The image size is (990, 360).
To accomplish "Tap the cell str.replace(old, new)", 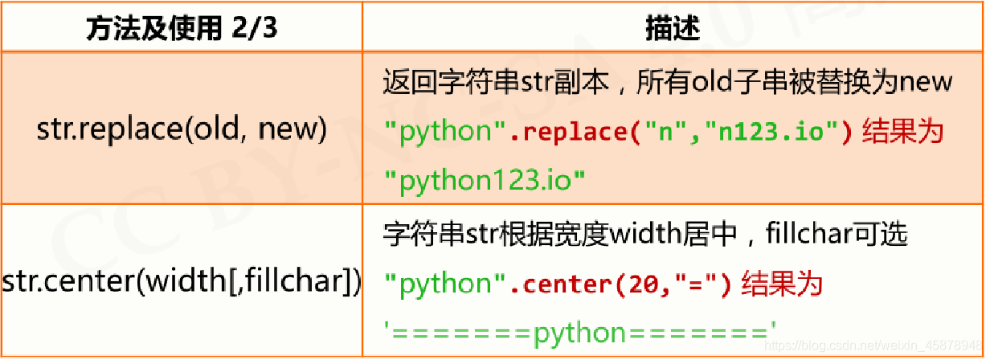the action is coord(182,130).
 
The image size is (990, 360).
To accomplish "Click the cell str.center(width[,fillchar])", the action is coord(182,283).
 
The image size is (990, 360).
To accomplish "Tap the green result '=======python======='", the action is coord(581,332).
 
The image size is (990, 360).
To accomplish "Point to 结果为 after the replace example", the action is coord(902,131).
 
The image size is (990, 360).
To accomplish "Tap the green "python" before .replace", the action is coord(447,131).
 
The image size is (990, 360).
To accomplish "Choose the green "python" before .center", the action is coord(447,284).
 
